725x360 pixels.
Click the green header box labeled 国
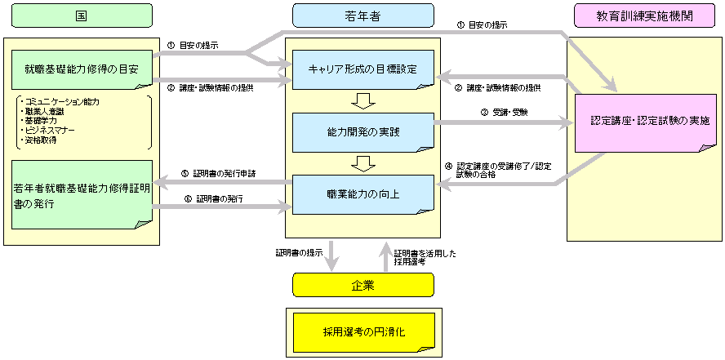(x=82, y=15)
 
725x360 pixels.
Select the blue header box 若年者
(x=362, y=15)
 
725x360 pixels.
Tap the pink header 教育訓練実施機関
(x=639, y=15)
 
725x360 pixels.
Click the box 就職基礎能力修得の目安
(x=82, y=69)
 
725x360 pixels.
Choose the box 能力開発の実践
(x=362, y=131)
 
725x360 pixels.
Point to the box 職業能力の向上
(x=362, y=193)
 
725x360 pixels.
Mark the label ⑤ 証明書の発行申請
(x=220, y=173)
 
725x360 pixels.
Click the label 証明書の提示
(x=300, y=253)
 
